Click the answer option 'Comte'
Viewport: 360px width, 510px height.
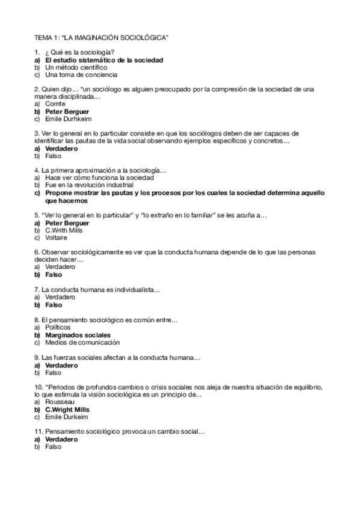coord(55,104)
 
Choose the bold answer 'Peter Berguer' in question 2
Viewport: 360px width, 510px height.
coord(67,111)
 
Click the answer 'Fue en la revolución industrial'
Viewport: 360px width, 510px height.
coord(88,185)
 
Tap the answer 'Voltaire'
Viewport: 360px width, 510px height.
coord(56,237)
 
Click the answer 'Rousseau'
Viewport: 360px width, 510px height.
coord(59,401)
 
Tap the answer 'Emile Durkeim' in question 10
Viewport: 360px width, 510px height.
coord(66,416)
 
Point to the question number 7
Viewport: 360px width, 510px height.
coord(37,289)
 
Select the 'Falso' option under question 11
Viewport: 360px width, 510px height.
coord(53,446)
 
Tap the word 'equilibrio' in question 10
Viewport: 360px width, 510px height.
coord(308,387)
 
